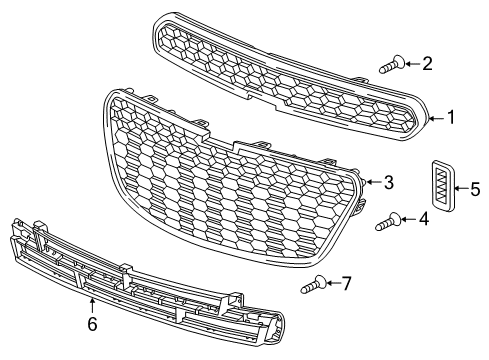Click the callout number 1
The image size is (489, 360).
point(451,117)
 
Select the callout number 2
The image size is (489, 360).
point(427,63)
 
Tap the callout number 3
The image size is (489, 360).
point(389,183)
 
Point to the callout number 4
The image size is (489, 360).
point(424,219)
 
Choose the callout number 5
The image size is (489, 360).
point(475,189)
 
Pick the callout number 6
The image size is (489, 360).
point(92,324)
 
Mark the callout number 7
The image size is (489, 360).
point(347,284)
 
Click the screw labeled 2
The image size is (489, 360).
point(393,64)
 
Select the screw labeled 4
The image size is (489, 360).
point(389,221)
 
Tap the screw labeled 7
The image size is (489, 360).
point(314,284)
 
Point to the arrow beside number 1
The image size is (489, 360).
point(436,118)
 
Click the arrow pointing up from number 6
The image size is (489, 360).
point(92,307)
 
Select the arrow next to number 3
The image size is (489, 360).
point(374,182)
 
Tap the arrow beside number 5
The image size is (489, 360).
point(462,188)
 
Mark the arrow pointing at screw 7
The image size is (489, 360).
point(334,283)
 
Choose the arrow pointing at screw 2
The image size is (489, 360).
point(413,63)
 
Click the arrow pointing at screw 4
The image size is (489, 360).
point(409,219)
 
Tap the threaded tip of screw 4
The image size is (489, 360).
point(378,227)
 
